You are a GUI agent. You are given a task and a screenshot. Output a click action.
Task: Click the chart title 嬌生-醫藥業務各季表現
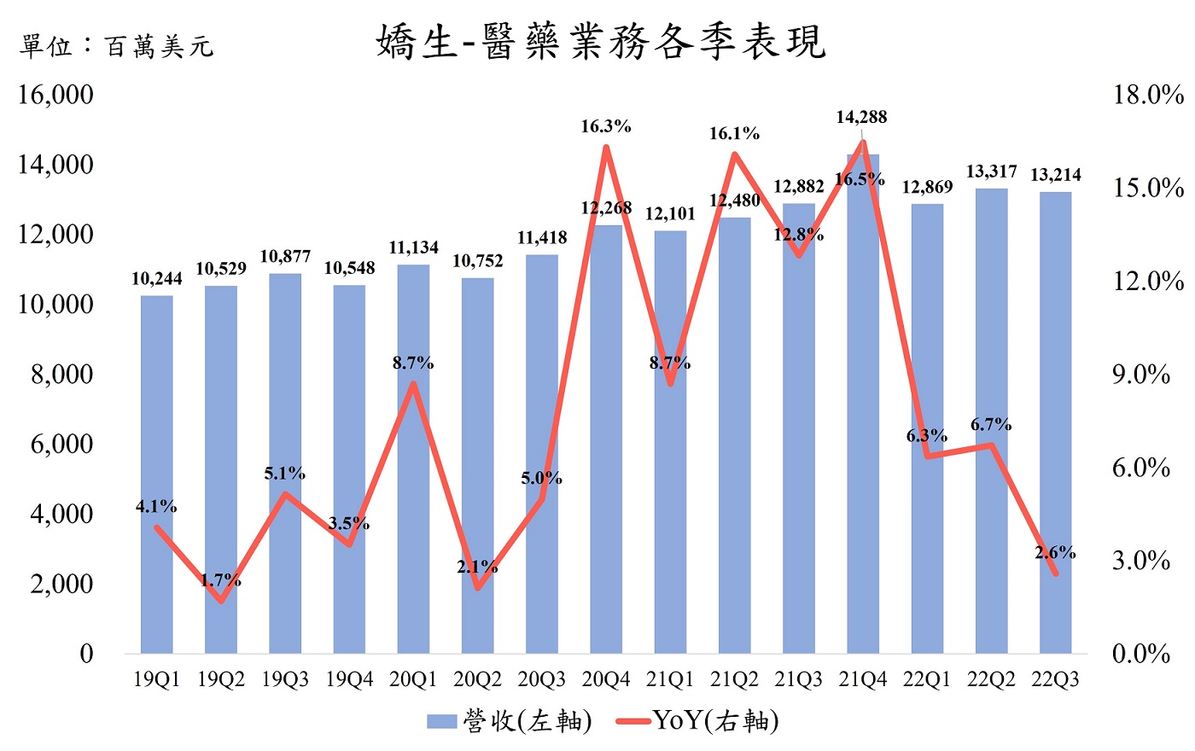tap(601, 42)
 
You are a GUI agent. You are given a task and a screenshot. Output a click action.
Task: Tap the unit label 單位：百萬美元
tap(116, 45)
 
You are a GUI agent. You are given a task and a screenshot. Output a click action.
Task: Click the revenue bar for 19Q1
tap(156, 478)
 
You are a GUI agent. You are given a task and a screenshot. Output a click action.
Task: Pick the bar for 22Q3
tap(1055, 427)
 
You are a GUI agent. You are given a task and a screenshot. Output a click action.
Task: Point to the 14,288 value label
tap(861, 117)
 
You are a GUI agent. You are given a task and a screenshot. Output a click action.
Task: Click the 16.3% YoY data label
tap(606, 126)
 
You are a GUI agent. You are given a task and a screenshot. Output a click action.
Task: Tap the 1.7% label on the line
tap(220, 580)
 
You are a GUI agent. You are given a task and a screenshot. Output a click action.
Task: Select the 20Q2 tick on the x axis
tap(477, 679)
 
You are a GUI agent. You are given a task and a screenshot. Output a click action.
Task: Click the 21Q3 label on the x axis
tap(798, 679)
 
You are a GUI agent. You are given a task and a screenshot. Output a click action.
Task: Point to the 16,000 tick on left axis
tap(56, 94)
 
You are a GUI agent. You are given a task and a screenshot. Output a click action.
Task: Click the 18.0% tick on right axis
tap(1148, 94)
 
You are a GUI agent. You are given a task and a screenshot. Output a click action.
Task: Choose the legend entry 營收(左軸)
tap(510, 721)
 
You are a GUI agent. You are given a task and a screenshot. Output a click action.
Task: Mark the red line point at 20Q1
tap(413, 384)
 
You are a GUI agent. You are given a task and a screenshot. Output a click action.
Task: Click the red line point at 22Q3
tap(1055, 573)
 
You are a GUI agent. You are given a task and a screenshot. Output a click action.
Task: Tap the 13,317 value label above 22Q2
tap(991, 172)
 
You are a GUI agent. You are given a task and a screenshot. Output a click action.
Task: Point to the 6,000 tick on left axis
tap(61, 444)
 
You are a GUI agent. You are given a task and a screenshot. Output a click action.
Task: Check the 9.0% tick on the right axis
tap(1141, 374)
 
